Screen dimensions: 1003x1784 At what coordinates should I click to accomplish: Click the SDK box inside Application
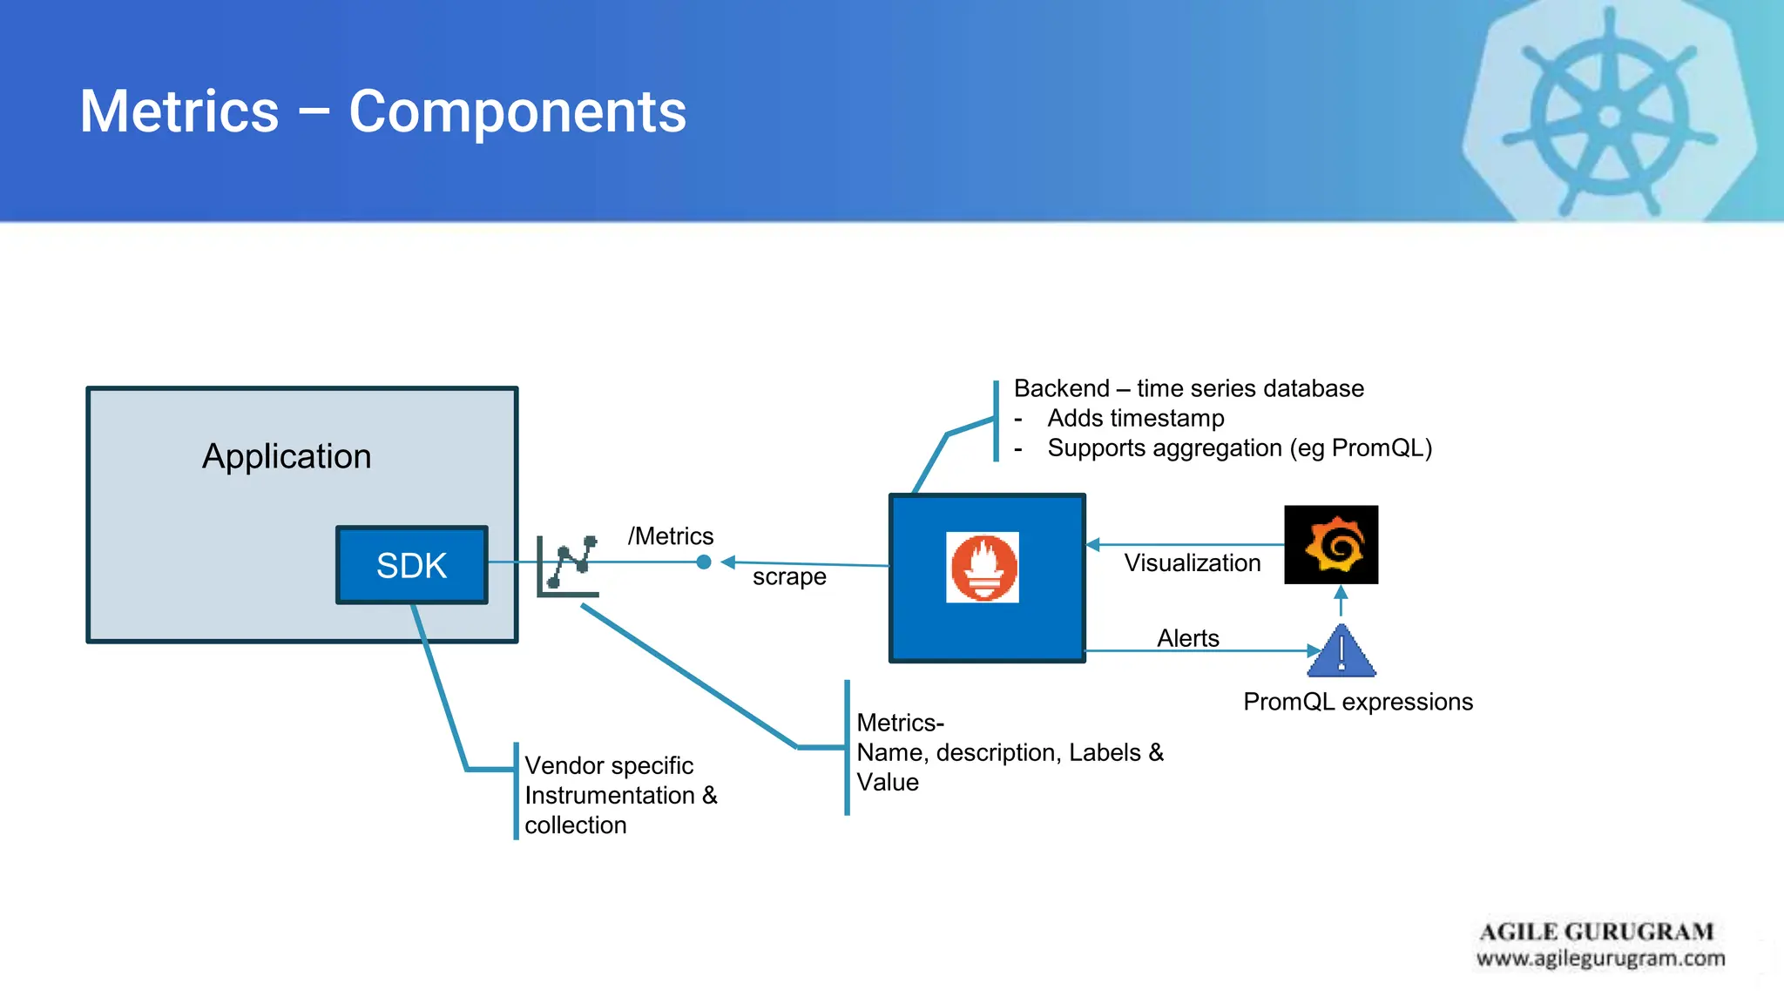pyautogui.click(x=411, y=565)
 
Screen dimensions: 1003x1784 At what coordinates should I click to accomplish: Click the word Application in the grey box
pyautogui.click(x=287, y=456)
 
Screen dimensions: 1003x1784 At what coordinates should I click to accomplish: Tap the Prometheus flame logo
pyautogui.click(x=983, y=567)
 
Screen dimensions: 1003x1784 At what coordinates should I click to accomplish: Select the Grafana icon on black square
pyautogui.click(x=1331, y=545)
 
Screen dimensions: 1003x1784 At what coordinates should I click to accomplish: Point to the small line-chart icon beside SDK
pyautogui.click(x=568, y=566)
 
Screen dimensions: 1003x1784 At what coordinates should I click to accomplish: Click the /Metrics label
pyautogui.click(x=670, y=536)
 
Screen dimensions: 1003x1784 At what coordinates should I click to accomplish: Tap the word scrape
pyautogui.click(x=789, y=576)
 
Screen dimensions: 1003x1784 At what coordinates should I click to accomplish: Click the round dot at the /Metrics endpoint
pyautogui.click(x=704, y=562)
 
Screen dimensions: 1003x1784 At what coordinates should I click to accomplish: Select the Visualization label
pyautogui.click(x=1192, y=563)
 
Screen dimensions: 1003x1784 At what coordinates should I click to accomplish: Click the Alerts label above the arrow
pyautogui.click(x=1187, y=638)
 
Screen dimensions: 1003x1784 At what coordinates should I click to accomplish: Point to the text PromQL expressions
pyautogui.click(x=1357, y=702)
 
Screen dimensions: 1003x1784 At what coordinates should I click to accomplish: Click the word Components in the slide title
pyautogui.click(x=517, y=111)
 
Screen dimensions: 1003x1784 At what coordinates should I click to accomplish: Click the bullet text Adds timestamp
pyautogui.click(x=1135, y=419)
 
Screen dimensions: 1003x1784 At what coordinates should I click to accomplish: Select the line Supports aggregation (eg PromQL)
pyautogui.click(x=1239, y=448)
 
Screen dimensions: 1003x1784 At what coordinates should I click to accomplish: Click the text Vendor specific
pyautogui.click(x=609, y=766)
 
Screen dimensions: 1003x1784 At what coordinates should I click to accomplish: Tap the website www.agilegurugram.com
pyautogui.click(x=1600, y=959)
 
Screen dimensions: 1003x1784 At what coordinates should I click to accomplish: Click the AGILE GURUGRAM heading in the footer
pyautogui.click(x=1596, y=932)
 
